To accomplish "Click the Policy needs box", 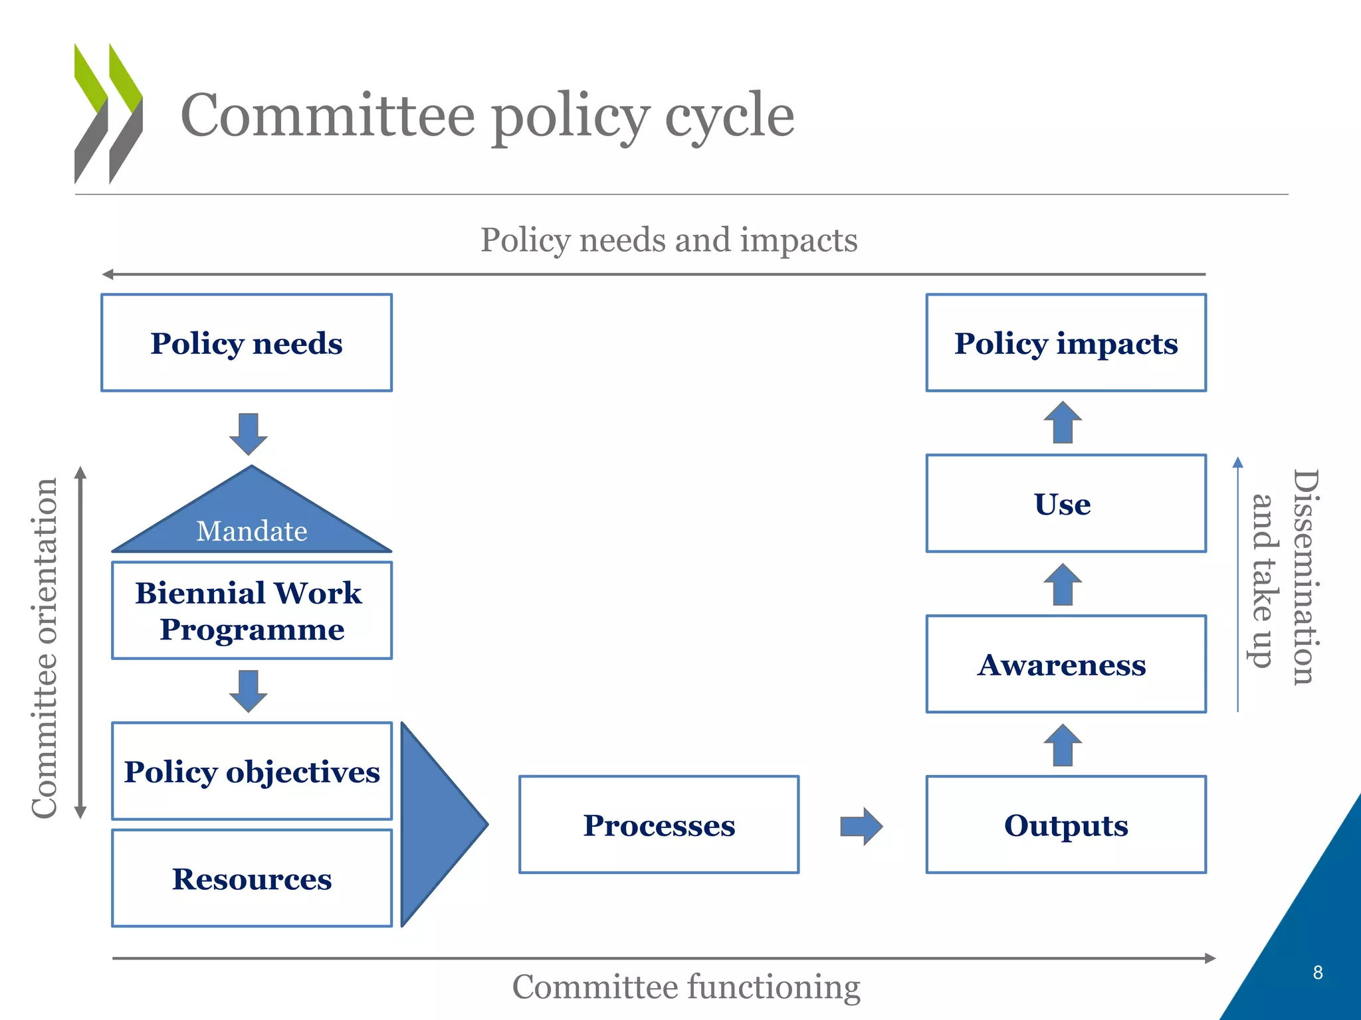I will coord(247,343).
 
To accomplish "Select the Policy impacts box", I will coord(1066,343).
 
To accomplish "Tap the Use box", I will coord(1066,503).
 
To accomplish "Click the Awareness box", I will coord(1066,664).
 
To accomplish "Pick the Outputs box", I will coord(1066,825).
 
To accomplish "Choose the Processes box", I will coord(659,825).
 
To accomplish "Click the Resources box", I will coord(252,878).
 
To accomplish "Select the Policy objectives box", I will coord(252,771).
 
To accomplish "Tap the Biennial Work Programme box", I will coord(252,610).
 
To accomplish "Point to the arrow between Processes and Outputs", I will coord(861,826).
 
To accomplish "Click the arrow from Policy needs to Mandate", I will coord(249,434).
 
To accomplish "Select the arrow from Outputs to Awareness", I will coord(1063,745).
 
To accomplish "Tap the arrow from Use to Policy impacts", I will coord(1063,422).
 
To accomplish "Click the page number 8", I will coord(1318,972).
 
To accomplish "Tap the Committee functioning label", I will coord(686,987).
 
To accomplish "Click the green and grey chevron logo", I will coord(108,114).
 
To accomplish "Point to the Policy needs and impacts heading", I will coord(669,240).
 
